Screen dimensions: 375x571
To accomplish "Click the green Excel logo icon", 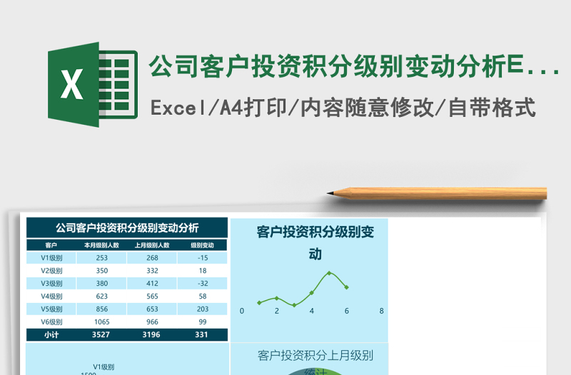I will coord(92,85).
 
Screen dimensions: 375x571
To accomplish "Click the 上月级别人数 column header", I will coord(152,245).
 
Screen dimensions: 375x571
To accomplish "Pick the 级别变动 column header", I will coord(203,245).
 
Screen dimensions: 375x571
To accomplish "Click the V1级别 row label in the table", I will coord(51,258).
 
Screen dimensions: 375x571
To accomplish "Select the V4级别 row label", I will coord(51,296).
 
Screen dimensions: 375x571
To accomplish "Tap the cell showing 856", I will coord(101,309).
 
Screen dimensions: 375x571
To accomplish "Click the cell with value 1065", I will coord(101,322).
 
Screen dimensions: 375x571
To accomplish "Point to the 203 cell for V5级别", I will coord(203,309).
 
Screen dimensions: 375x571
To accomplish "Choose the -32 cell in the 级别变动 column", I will coord(203,283).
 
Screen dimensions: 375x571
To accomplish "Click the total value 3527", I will coord(101,334).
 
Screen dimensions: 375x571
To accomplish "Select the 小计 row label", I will coord(51,334).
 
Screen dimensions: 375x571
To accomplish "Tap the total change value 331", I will coord(203,334).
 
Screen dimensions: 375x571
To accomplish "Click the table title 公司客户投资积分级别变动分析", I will coord(127,228).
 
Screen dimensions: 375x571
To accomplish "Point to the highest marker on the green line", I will coord(329,273).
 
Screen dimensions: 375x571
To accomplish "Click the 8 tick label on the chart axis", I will coord(382,311).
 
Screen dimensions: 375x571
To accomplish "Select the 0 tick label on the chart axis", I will coord(242,311).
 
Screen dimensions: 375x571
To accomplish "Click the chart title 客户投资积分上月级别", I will coord(315,355).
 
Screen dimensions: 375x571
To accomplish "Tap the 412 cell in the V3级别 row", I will coord(152,283).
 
